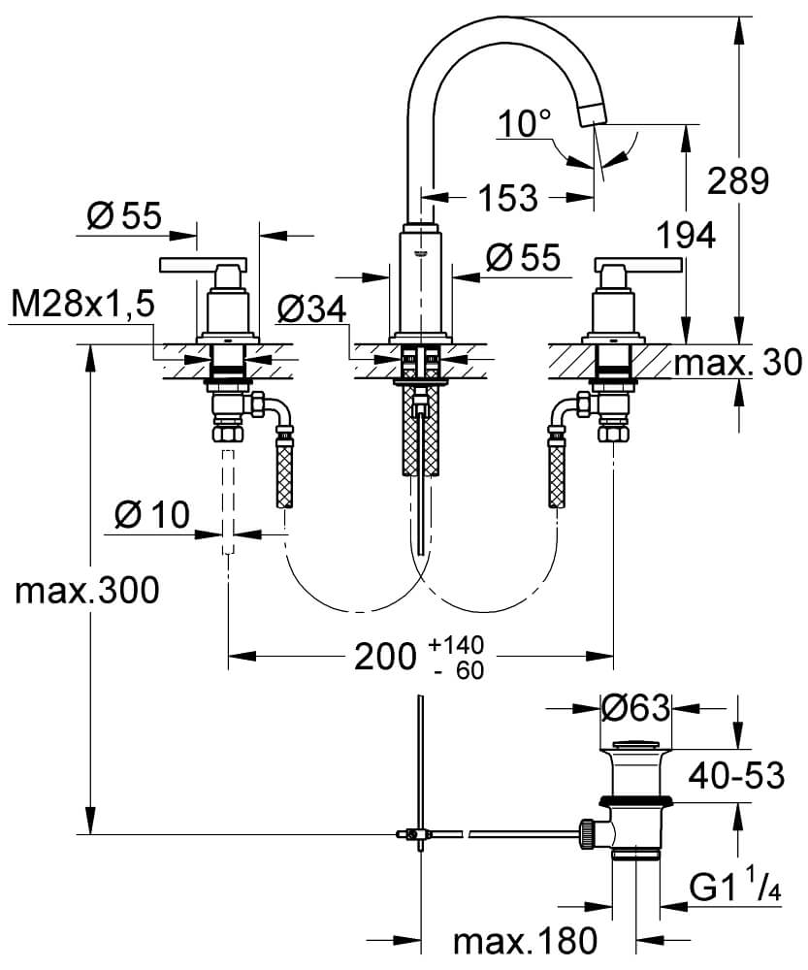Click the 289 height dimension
pyautogui.click(x=741, y=180)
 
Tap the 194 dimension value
pyautogui.click(x=685, y=235)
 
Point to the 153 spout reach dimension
pyautogui.click(x=507, y=198)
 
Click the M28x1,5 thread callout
pyautogui.click(x=83, y=307)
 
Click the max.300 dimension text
pyautogui.click(x=85, y=590)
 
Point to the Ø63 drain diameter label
pyautogui.click(x=635, y=709)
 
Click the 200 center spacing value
pyautogui.click(x=381, y=659)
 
